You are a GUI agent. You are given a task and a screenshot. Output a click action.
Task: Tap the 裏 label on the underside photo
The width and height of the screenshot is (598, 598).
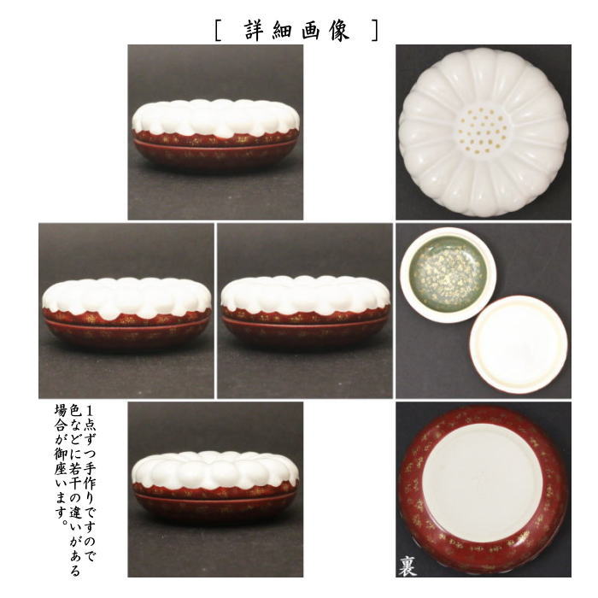(407, 566)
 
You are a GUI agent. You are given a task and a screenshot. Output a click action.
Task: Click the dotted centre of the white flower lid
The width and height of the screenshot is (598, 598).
(484, 130)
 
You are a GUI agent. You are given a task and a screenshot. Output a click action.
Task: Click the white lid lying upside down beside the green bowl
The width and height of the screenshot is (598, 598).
(518, 343)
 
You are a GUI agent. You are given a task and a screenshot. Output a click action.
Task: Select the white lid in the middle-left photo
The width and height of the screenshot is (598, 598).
(126, 296)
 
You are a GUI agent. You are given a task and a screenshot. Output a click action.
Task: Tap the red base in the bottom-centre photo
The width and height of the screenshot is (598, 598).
(215, 504)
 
